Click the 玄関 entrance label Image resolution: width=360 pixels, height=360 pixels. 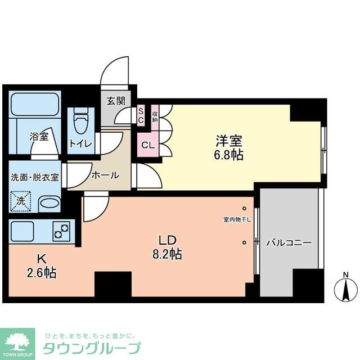click(x=116, y=102)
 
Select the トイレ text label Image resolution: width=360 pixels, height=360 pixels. click(x=80, y=143)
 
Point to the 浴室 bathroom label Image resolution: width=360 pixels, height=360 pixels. click(x=39, y=136)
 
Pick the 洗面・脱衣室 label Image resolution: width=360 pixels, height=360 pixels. click(x=35, y=177)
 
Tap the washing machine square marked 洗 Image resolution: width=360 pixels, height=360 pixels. click(x=21, y=200)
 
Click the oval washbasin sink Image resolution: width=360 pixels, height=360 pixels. click(x=49, y=204)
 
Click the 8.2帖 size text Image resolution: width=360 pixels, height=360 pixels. click(x=167, y=254)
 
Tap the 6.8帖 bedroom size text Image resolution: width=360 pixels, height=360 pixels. click(x=229, y=155)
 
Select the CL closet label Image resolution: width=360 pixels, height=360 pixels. click(x=147, y=145)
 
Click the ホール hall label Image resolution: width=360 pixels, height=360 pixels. click(x=106, y=175)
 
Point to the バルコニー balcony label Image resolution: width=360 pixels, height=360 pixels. click(x=289, y=242)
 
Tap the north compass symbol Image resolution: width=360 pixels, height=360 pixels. click(x=346, y=288)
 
